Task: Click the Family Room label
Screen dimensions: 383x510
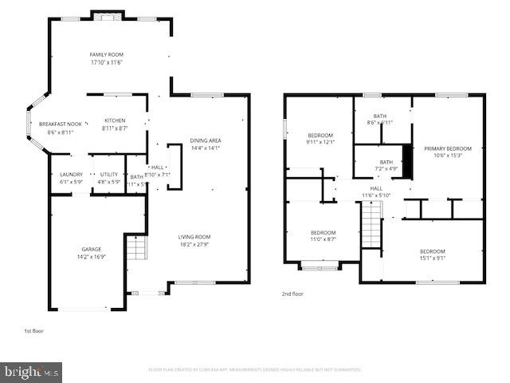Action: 105,54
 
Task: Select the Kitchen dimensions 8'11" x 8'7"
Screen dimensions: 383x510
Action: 115,128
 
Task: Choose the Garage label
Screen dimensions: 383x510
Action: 91,249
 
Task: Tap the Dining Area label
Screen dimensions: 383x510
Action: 206,141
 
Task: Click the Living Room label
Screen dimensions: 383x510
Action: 194,236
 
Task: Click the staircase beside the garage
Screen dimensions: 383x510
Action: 136,250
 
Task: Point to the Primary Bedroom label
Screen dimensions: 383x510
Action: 447,148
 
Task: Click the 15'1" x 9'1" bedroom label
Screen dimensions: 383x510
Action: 433,251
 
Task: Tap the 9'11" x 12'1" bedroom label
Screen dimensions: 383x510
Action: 320,136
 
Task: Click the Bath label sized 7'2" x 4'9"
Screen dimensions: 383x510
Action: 385,162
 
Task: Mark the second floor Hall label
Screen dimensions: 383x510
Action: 375,189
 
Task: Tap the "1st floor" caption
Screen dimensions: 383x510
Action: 34,329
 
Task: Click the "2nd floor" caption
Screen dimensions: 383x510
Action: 292,294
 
